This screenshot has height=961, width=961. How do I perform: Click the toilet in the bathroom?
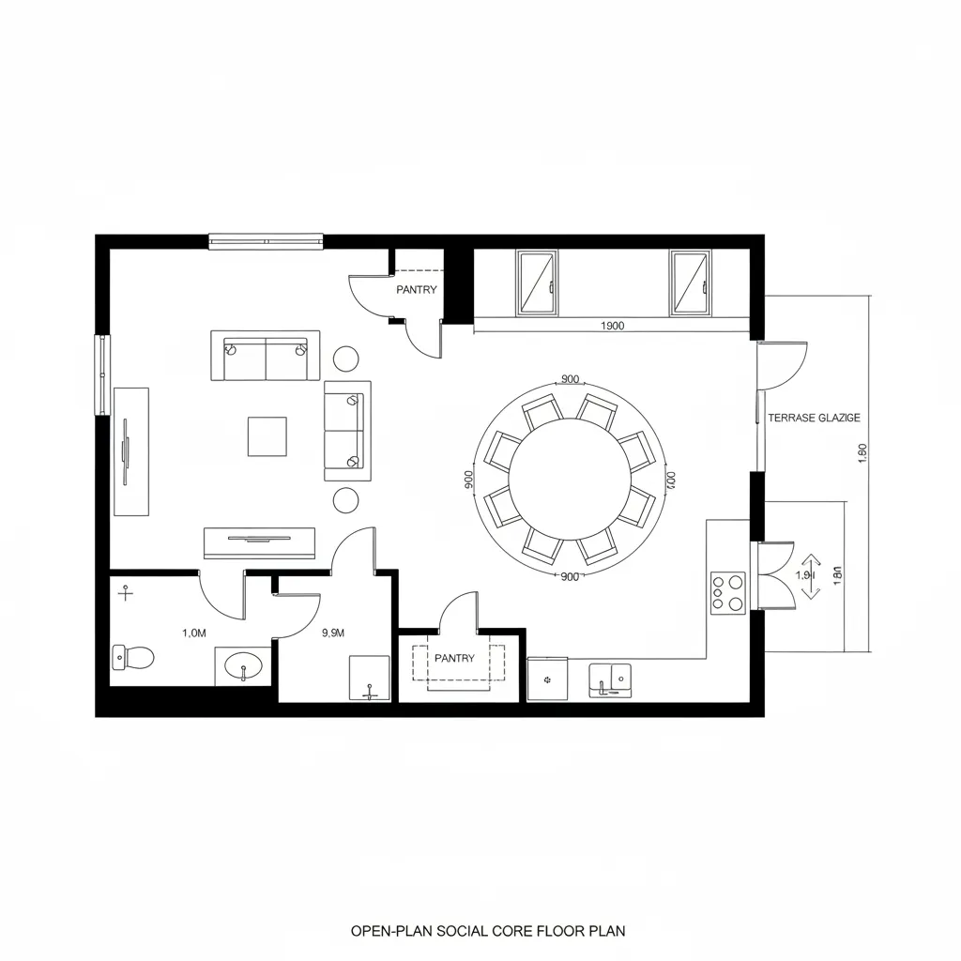[132, 657]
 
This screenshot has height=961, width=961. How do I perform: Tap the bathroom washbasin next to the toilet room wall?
[243, 668]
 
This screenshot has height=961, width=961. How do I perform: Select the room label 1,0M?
[192, 633]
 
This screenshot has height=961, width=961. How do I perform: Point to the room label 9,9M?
[333, 633]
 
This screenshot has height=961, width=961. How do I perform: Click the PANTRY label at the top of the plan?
[416, 290]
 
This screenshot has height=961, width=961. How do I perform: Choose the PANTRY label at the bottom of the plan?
[454, 659]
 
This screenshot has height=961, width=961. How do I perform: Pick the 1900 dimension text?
[611, 327]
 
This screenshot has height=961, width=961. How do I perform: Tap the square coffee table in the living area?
[267, 436]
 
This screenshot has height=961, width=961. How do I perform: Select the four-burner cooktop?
[727, 592]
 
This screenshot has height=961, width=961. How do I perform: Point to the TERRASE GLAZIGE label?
[813, 419]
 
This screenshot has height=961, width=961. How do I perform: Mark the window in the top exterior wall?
[266, 241]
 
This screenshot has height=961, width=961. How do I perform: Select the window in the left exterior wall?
[101, 374]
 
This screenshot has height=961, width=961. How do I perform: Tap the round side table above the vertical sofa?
[346, 358]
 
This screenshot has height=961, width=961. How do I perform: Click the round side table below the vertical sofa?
[346, 499]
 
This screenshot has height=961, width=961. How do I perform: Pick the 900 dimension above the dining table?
[570, 379]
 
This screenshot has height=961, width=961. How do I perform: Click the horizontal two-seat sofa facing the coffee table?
[266, 356]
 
